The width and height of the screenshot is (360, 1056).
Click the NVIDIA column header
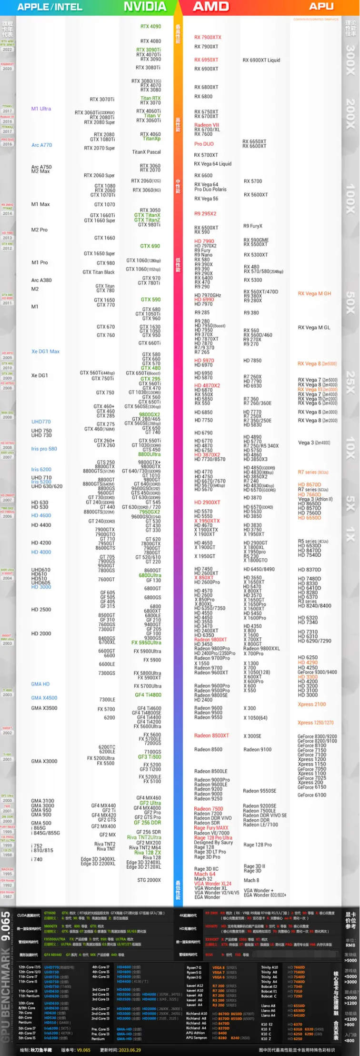145,7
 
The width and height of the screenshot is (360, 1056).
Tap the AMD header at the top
211,7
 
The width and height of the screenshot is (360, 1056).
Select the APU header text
321,7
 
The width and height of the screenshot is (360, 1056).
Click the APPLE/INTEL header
50,7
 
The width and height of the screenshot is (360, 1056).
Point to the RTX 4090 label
150,27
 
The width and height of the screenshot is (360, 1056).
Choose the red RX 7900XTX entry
208,37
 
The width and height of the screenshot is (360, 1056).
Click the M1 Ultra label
41,109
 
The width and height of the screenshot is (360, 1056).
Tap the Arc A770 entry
41,145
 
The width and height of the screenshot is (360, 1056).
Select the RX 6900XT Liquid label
261,60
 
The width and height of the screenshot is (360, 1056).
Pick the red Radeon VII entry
207,125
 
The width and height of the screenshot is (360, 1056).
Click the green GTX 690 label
150,246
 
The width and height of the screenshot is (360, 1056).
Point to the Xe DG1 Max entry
45,352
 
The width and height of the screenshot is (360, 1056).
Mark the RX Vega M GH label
314,294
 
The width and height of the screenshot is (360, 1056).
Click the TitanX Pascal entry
146,152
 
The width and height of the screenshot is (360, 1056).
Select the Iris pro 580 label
44,449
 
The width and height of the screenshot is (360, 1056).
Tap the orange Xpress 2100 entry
312,704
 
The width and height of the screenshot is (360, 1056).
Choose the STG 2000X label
149,880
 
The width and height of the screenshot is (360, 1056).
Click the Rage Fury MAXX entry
211,828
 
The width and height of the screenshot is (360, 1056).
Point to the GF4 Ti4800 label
148,695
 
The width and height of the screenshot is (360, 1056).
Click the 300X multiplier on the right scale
350,60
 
